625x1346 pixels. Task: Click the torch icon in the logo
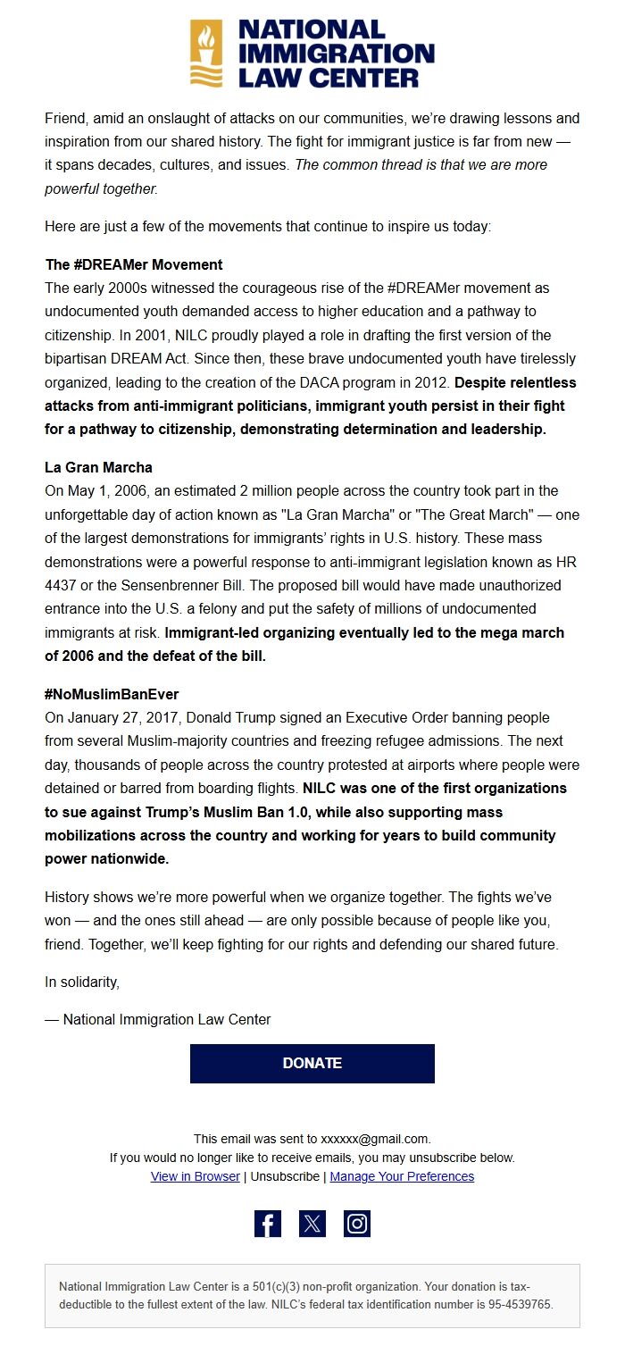[x=206, y=53]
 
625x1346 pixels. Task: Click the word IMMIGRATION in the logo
[x=336, y=54]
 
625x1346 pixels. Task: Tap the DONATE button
[x=312, y=1063]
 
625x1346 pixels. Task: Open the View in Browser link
[x=195, y=1176]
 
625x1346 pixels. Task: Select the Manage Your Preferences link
[x=402, y=1176]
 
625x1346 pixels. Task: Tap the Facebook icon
[x=268, y=1224]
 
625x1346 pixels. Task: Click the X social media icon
[x=312, y=1224]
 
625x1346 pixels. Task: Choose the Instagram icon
[x=357, y=1224]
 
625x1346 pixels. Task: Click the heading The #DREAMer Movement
[x=134, y=264]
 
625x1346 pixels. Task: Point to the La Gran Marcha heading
[x=98, y=467]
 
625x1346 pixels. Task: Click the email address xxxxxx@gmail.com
[x=375, y=1139]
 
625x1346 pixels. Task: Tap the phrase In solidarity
[x=81, y=982]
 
